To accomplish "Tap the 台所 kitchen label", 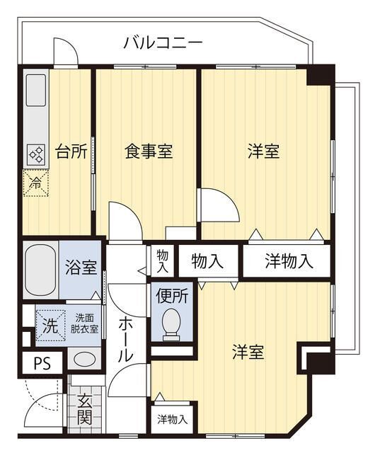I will click(71, 151).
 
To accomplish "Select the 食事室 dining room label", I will click(149, 151).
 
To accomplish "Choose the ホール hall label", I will click(125, 339).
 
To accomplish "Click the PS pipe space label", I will click(42, 364).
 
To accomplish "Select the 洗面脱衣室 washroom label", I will click(83, 324).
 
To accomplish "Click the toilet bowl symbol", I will click(171, 323).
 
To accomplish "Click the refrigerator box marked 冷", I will click(35, 183).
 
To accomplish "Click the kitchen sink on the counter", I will click(36, 91).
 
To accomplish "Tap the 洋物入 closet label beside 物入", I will click(289, 261).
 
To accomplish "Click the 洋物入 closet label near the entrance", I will click(173, 419).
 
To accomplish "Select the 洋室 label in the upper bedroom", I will click(263, 151).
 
